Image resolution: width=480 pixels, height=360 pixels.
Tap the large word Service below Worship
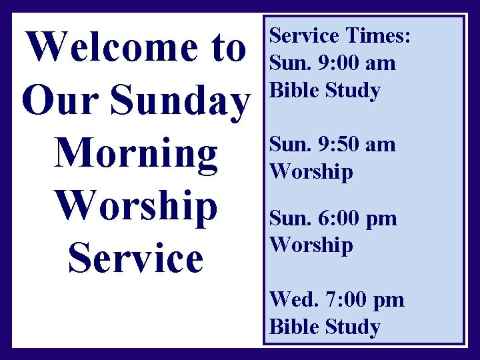[x=135, y=258]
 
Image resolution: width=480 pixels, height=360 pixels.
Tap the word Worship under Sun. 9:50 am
[x=311, y=171]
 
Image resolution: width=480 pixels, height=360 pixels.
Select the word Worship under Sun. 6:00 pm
[x=311, y=245]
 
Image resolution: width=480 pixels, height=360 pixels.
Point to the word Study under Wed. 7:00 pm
[x=353, y=327]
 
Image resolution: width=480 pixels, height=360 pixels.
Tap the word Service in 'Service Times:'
[x=303, y=35]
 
